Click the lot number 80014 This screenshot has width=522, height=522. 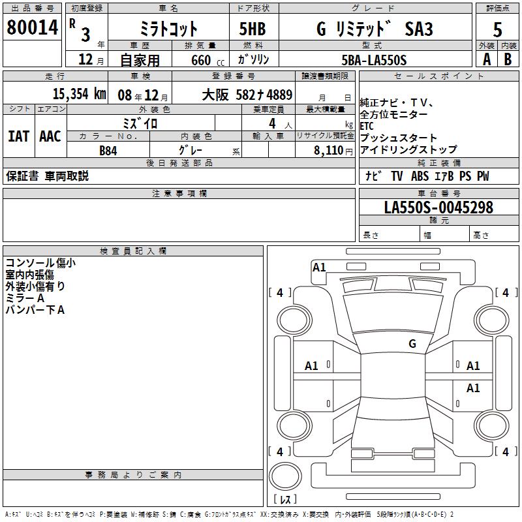coord(32,27)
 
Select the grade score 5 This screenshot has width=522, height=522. coord(497,30)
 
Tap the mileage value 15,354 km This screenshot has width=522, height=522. coord(80,94)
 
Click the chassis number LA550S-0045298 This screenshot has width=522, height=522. coord(438,207)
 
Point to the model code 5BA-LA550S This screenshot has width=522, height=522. coord(374,60)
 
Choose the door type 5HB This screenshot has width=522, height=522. coord(253,29)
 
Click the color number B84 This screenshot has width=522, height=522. coord(108,151)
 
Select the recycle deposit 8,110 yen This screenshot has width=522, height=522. coord(333,151)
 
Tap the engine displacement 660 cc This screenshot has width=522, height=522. coord(207,61)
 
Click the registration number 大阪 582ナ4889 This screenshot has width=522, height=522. coord(247,95)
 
